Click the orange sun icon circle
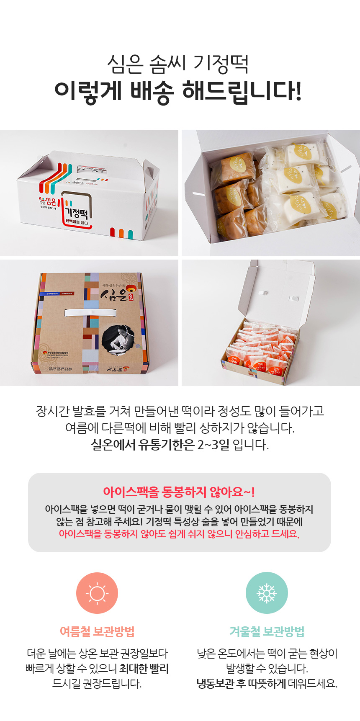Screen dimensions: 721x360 pyautogui.click(x=97, y=593)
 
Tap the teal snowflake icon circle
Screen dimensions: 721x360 pyautogui.click(x=267, y=593)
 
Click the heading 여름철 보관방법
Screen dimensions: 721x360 pyautogui.click(x=97, y=631)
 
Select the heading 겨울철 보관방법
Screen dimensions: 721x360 pyautogui.click(x=267, y=631)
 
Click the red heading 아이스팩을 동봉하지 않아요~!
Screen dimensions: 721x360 pyautogui.click(x=179, y=492)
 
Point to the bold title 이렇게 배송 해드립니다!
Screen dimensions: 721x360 pyautogui.click(x=178, y=91)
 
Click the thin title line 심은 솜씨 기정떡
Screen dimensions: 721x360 pyautogui.click(x=178, y=64)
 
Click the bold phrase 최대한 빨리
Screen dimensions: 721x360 pyautogui.click(x=144, y=669)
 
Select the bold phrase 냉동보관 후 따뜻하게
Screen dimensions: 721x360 pyautogui.click(x=241, y=684)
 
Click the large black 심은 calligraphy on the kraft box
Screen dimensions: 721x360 pyautogui.click(x=114, y=295)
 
